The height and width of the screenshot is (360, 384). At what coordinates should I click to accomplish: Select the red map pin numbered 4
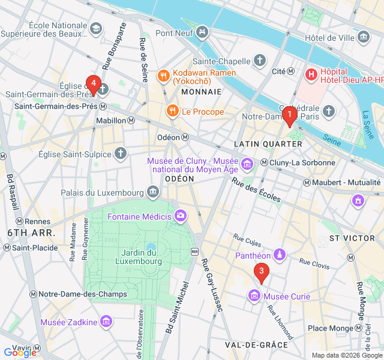tap(92, 84)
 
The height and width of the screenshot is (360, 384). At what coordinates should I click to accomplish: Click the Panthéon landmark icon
tap(279, 256)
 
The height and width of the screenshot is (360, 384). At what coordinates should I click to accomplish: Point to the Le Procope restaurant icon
tap(172, 111)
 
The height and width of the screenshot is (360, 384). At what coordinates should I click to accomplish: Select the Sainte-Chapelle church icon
tap(259, 61)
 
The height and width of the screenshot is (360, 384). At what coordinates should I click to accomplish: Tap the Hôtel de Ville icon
tap(364, 38)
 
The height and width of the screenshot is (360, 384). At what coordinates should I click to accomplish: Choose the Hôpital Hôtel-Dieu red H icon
tap(311, 75)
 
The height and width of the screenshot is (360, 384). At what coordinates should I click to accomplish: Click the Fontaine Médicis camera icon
tap(181, 216)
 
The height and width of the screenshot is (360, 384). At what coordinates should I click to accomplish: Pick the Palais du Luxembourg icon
tap(153, 193)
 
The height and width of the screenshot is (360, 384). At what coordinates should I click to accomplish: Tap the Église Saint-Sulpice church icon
tap(121, 154)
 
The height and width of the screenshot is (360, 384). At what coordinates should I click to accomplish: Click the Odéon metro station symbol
tap(185, 137)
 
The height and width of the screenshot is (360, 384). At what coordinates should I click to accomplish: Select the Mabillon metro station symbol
tap(131, 120)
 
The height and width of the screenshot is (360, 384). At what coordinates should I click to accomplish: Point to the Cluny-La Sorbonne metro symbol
tap(264, 163)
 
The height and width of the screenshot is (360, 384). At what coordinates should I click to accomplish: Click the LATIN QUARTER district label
tap(268, 144)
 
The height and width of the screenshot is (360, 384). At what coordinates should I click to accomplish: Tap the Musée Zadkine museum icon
tap(106, 322)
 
